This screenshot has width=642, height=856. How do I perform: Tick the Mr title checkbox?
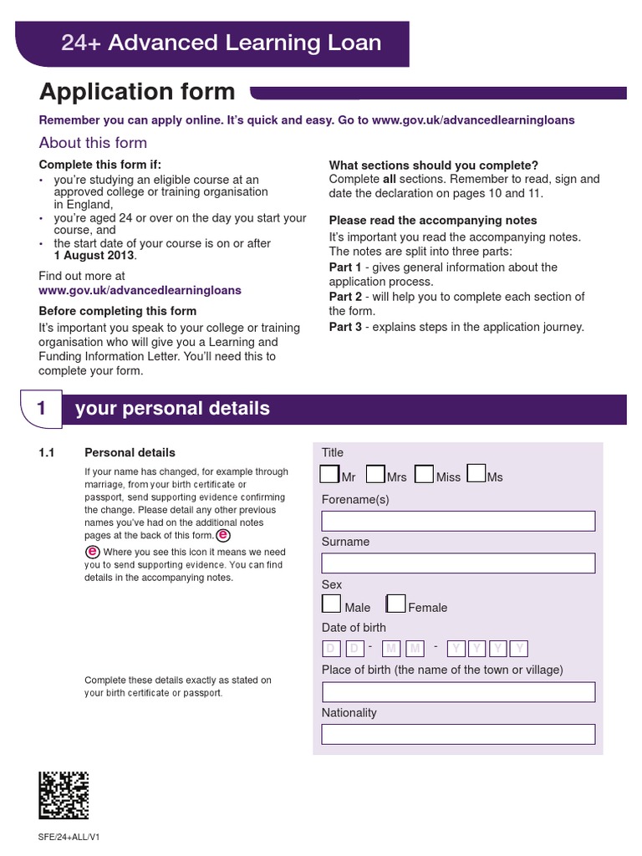click(x=330, y=475)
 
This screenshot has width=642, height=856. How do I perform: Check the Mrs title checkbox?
click(x=376, y=475)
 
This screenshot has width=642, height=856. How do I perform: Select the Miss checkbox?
click(x=425, y=475)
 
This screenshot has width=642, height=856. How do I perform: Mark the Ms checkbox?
click(x=476, y=475)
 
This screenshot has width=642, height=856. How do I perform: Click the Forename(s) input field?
click(x=458, y=522)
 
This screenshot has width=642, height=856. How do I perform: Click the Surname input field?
click(x=458, y=563)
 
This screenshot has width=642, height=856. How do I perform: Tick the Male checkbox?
click(x=332, y=604)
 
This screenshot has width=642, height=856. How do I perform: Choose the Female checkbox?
click(x=396, y=604)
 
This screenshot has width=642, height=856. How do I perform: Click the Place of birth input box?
click(x=458, y=692)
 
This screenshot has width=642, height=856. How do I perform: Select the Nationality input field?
click(x=458, y=735)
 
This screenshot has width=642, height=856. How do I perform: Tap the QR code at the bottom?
click(x=64, y=795)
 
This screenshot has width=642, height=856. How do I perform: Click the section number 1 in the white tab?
click(x=41, y=409)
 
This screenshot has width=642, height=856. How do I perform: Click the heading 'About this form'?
click(x=93, y=143)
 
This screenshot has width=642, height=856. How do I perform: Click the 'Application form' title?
click(x=138, y=92)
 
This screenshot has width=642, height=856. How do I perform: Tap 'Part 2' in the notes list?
click(x=345, y=297)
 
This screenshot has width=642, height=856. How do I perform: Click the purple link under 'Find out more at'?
click(x=140, y=291)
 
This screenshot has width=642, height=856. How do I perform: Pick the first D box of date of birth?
click(x=331, y=649)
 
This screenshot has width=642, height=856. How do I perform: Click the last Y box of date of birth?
click(x=519, y=649)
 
